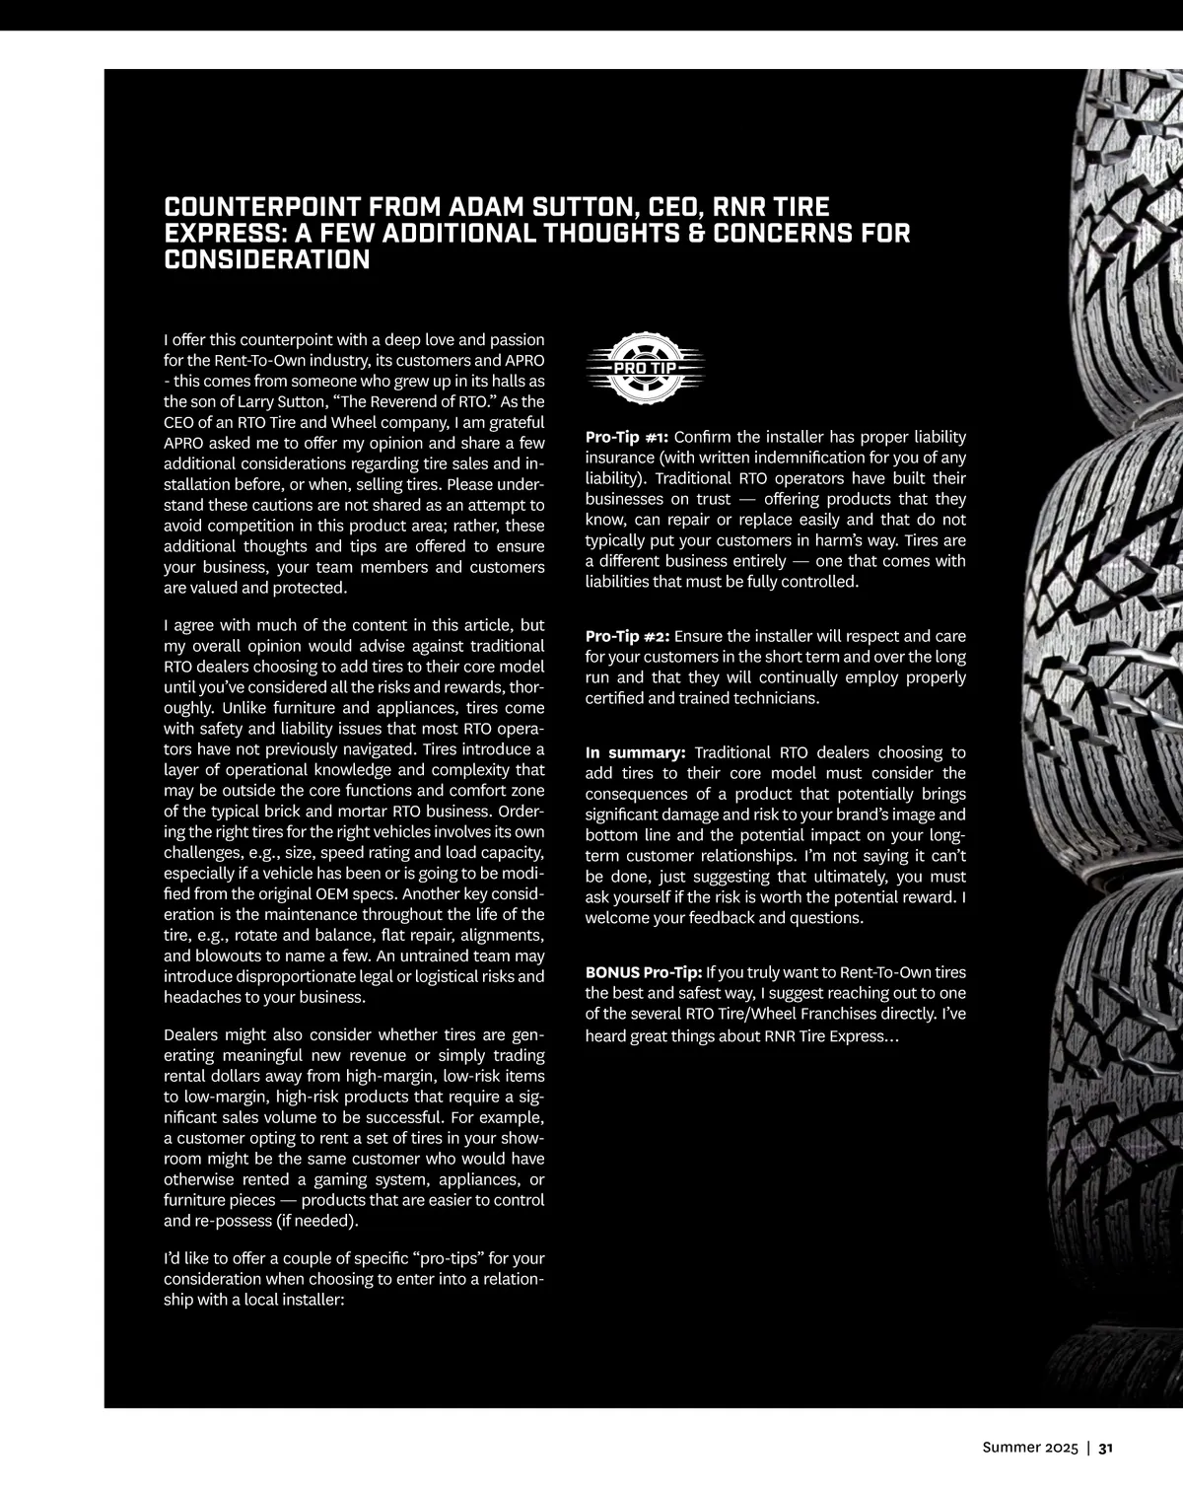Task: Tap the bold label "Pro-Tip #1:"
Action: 627,437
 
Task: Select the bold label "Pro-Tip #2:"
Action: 627,636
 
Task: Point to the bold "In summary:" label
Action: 635,752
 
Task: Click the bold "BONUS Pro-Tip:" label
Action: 644,972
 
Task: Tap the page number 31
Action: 1105,1448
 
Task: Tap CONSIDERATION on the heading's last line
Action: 266,260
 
